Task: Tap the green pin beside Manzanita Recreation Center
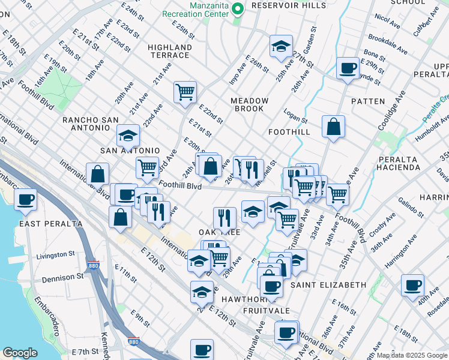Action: coord(237,8)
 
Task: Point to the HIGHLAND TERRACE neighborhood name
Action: coord(169,51)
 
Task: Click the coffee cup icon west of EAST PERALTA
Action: coord(25,199)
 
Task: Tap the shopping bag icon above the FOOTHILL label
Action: coord(333,127)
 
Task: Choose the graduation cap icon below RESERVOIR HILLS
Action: coord(280,47)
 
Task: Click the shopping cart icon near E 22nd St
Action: coord(185,92)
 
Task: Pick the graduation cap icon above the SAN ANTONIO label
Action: coord(128,136)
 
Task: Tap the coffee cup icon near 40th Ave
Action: coord(412,286)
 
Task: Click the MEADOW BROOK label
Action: coord(249,104)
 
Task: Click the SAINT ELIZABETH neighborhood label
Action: coord(328,284)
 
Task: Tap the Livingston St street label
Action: coord(59,256)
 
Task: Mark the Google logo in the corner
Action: coord(20,353)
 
